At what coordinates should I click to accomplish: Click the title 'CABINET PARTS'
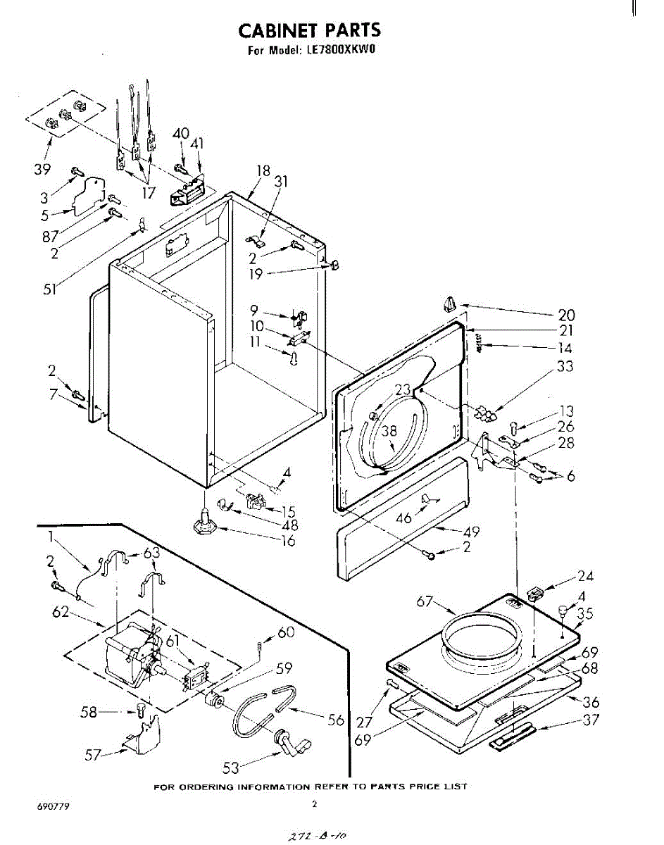tap(309, 30)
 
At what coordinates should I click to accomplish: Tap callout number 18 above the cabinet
tap(263, 170)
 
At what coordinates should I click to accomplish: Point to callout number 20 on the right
tap(566, 315)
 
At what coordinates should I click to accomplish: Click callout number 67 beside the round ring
tap(424, 601)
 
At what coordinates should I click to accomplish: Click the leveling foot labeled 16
tap(204, 523)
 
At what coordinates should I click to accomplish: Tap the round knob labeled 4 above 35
tap(563, 611)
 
